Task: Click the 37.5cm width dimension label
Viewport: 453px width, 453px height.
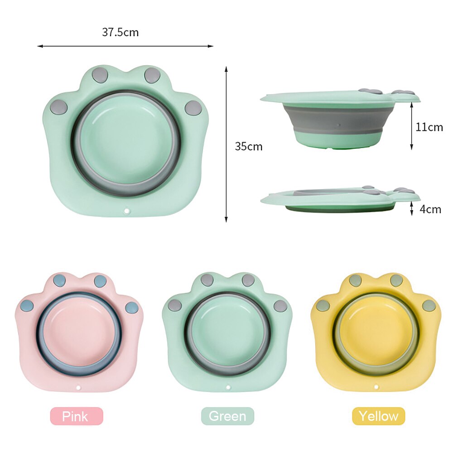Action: click(x=120, y=33)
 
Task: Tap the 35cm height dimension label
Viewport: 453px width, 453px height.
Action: click(x=248, y=146)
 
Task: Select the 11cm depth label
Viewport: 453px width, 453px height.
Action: click(x=429, y=127)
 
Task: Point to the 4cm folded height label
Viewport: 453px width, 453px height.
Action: click(x=430, y=209)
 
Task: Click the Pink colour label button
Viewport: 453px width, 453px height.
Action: click(x=77, y=416)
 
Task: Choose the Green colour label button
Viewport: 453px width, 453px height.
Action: click(x=227, y=416)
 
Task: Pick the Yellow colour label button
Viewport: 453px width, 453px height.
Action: click(x=378, y=416)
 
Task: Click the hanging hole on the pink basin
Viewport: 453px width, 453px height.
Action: click(x=78, y=388)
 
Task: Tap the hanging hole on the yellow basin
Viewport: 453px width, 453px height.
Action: click(x=376, y=387)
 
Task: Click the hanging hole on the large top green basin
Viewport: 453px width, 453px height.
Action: click(x=127, y=212)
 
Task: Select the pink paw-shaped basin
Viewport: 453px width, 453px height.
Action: click(x=78, y=333)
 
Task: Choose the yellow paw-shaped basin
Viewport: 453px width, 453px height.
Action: click(x=376, y=333)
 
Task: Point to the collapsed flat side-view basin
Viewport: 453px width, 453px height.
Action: click(x=340, y=199)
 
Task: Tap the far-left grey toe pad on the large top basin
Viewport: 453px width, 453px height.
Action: click(x=58, y=107)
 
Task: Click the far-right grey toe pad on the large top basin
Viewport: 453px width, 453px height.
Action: click(x=193, y=107)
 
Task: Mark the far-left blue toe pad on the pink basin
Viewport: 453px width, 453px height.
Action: click(x=27, y=306)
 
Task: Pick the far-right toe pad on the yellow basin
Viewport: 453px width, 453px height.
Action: click(x=428, y=305)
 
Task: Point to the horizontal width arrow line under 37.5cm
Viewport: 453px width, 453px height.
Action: click(x=125, y=46)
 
